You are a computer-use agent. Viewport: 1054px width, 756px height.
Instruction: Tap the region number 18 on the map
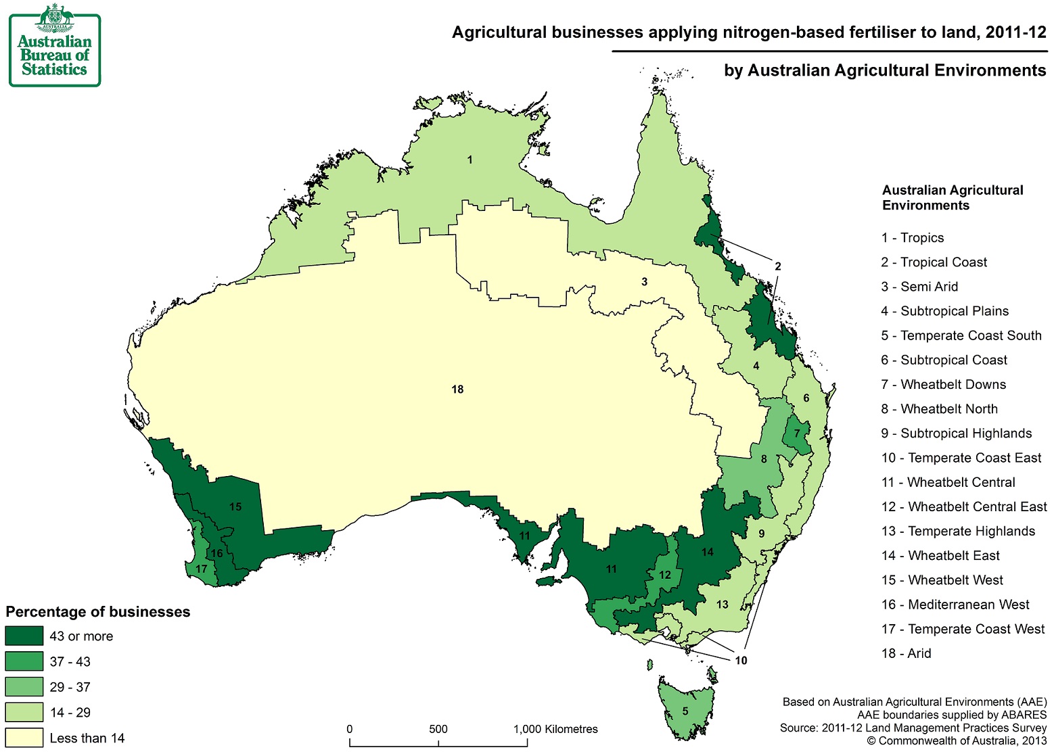pos(457,389)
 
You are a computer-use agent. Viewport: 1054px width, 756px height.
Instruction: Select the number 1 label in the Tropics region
pos(469,160)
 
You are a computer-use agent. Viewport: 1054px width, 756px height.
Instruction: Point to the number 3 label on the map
pos(644,281)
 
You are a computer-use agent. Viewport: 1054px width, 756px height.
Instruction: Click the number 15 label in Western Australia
pos(235,506)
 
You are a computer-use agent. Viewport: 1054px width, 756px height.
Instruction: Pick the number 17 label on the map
pos(201,569)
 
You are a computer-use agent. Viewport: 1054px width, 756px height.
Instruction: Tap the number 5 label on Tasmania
pos(685,711)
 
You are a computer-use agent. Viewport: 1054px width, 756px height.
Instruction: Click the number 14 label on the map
pos(708,552)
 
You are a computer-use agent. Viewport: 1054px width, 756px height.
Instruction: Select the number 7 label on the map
pos(797,433)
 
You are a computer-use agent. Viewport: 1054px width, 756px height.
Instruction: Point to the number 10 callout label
pos(741,661)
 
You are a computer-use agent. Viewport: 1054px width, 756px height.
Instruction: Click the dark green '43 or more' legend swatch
pos(24,636)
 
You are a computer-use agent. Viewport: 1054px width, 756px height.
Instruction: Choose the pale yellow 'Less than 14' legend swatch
pos(24,738)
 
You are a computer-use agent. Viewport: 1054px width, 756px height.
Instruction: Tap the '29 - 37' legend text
pos(70,687)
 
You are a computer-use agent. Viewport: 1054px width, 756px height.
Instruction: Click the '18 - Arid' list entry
pos(906,653)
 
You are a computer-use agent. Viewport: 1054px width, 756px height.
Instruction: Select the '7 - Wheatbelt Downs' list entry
pos(943,384)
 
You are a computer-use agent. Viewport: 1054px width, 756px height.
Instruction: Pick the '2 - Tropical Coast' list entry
pos(934,262)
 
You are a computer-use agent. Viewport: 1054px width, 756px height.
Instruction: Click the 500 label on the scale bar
pos(438,729)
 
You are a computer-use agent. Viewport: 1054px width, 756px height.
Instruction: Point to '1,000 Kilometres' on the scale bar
pos(555,729)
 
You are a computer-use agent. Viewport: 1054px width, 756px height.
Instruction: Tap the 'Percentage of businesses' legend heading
pos(98,612)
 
